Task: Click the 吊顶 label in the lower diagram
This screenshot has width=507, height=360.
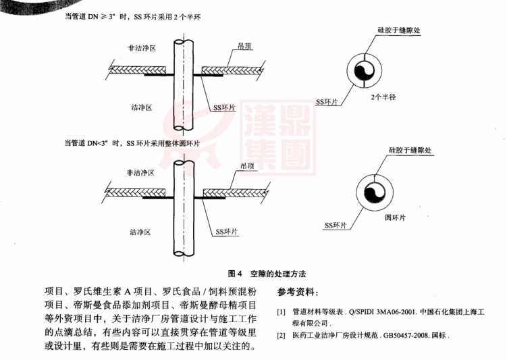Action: tap(247, 165)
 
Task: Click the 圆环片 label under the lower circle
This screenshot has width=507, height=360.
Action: tap(394, 219)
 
